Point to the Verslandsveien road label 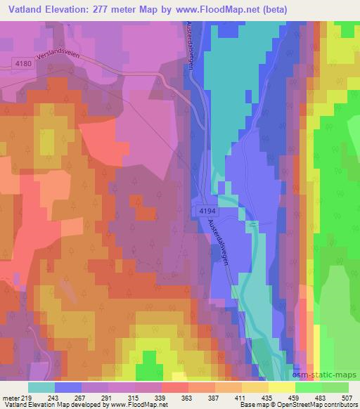(71, 57)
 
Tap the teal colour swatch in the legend (41, 387)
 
